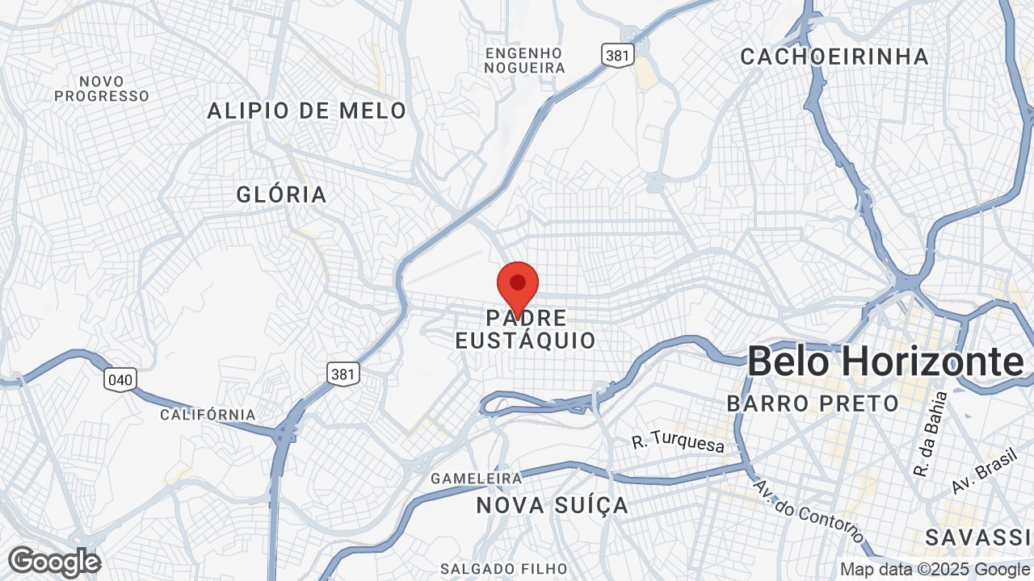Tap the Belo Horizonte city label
885,362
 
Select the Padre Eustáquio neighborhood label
526,328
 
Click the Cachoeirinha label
834,56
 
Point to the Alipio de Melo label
307,111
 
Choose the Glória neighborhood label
282,194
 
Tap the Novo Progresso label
103,89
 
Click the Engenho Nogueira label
524,61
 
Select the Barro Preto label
813,403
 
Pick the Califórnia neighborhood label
208,415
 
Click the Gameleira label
477,479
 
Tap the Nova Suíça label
553,506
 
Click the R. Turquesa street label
679,443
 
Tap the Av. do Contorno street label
808,512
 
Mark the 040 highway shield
120,379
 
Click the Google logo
54,562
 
